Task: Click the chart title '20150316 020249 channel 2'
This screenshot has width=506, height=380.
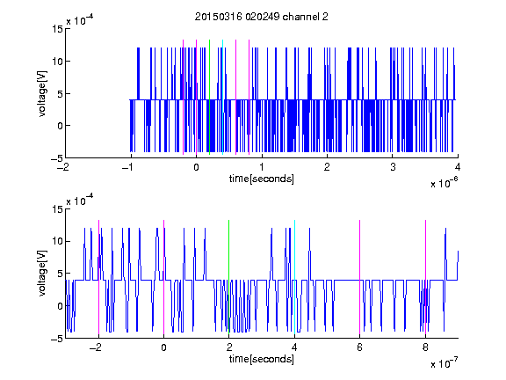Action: [262, 17]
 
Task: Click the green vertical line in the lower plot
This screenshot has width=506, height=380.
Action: [228, 277]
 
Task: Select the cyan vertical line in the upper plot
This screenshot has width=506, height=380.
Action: [222, 97]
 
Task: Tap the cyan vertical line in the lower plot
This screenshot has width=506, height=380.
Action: [294, 277]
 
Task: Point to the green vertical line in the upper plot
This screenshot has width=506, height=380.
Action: [209, 97]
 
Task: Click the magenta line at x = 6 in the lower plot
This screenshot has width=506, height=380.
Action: [360, 277]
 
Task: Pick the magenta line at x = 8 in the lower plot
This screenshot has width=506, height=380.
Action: [426, 277]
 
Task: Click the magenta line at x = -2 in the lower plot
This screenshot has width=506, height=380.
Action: [98, 277]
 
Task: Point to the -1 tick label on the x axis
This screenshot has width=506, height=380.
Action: [128, 167]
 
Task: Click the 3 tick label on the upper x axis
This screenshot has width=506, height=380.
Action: [393, 167]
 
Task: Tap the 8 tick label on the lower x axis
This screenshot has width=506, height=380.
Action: [426, 347]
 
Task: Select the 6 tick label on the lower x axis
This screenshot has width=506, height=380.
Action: [360, 347]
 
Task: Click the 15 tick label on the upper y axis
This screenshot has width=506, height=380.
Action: [57, 29]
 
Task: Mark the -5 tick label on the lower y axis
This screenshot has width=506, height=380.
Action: [57, 339]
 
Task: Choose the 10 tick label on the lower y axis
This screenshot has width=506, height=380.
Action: [57, 241]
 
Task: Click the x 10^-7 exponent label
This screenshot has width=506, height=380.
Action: [444, 363]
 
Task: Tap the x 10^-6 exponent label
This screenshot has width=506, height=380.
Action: [444, 183]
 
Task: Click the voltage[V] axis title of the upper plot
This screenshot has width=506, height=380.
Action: [42, 94]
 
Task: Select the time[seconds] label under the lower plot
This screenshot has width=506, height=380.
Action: [262, 359]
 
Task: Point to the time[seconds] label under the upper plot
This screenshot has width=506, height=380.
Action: [262, 179]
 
